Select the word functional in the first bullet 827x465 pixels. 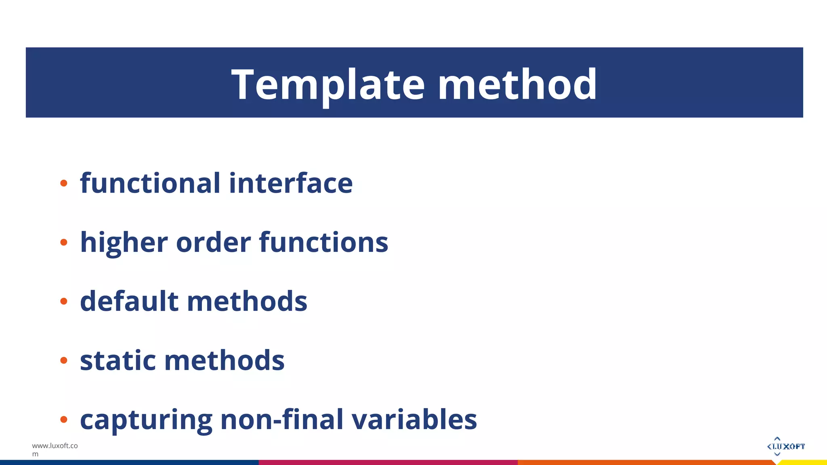150,183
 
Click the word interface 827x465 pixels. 291,183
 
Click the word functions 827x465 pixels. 323,243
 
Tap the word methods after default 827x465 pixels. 247,302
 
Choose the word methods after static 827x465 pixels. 225,360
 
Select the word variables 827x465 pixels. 414,419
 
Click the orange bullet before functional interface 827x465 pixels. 63,184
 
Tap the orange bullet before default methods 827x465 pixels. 63,302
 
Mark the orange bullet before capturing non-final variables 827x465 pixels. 63,420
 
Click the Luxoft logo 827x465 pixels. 785,446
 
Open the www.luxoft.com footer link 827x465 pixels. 55,450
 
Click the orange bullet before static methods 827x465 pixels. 63,360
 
